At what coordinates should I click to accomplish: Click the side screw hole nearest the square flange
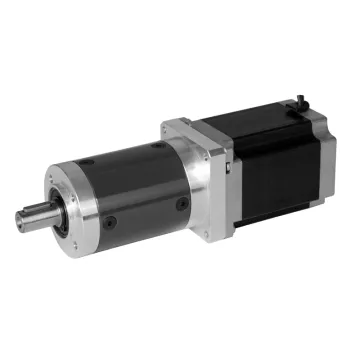coord(182,204)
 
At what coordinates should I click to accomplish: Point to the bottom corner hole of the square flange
coord(206,234)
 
